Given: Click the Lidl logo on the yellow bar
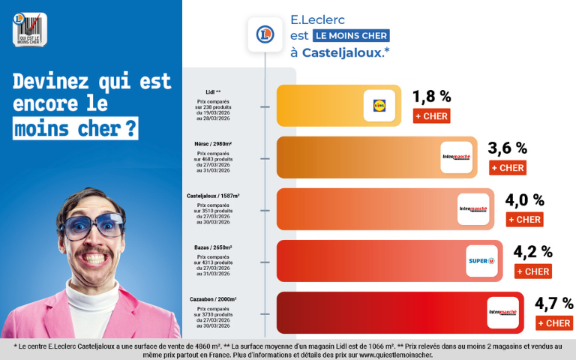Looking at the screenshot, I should click(x=379, y=106).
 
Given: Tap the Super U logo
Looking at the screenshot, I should click(x=481, y=261).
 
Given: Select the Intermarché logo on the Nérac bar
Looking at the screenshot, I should click(x=456, y=157).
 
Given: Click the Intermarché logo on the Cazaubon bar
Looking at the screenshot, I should click(x=502, y=313).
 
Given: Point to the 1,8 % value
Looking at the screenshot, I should click(x=432, y=96).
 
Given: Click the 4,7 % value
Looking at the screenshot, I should click(x=553, y=303).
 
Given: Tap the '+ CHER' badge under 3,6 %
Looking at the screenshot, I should click(x=507, y=168).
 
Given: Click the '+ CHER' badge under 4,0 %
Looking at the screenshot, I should click(x=524, y=220).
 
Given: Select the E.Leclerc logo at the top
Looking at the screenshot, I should click(x=264, y=34).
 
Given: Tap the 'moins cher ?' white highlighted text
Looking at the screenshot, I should click(x=76, y=129).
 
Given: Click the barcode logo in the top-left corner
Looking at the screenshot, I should click(x=30, y=30).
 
